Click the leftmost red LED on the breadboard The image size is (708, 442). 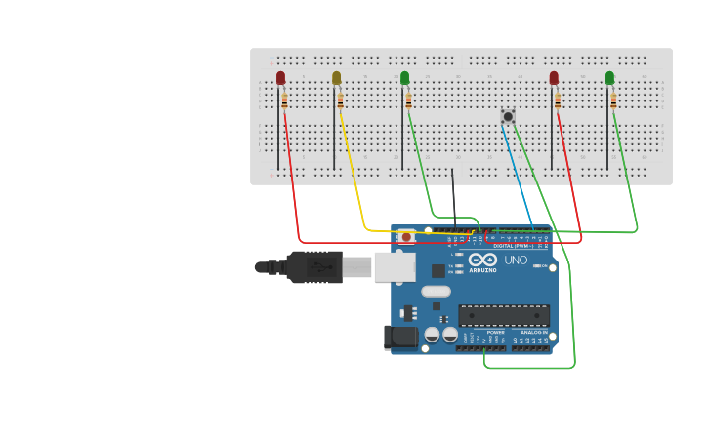pos(280,77)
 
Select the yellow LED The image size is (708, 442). pos(336,77)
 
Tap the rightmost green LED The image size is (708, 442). pos(609,77)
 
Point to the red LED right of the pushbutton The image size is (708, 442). pos(554,77)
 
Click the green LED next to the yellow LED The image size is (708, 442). pos(404,77)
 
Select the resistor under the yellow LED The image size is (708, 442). pos(340,100)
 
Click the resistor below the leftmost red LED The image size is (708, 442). pos(284,100)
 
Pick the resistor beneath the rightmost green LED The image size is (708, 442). pos(613,100)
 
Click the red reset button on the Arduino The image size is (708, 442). pos(406,237)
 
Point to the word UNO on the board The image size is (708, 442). pos(515,260)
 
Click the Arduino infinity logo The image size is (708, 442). pos(482,260)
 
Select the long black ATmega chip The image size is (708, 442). pos(503,315)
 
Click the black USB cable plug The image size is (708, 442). pos(313,266)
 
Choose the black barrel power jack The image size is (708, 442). pos(399,338)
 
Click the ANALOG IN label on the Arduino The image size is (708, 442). pos(533,333)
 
